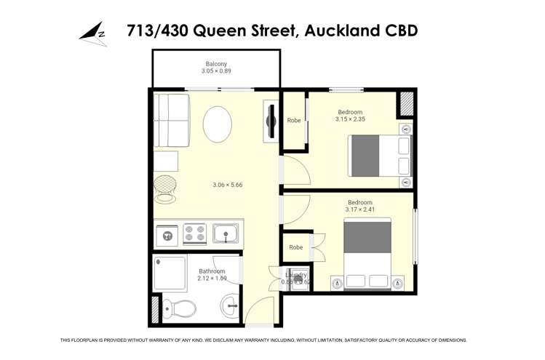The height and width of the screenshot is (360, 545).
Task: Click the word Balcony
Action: point(216,64)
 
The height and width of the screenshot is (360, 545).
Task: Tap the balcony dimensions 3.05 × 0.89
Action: point(216,71)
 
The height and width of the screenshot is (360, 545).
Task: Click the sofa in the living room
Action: point(171,119)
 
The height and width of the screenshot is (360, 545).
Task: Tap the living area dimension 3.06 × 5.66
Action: point(227,185)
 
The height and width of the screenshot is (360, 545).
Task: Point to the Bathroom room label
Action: point(212,271)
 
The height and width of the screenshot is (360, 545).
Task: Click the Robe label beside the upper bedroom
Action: point(294,121)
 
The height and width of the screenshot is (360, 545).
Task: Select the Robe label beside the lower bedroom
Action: point(295,247)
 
